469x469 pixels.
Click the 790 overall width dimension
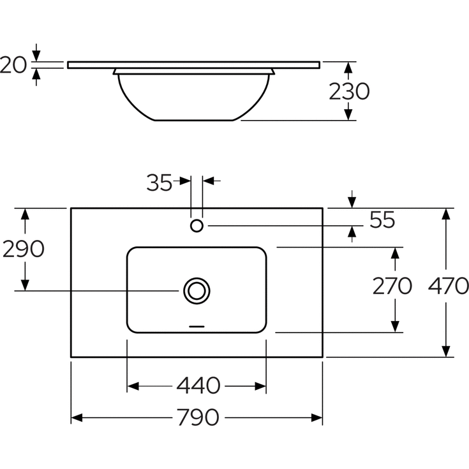click(198, 417)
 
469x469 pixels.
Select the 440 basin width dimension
click(198, 386)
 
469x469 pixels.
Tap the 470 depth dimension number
click(448, 286)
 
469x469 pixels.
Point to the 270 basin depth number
click(392, 286)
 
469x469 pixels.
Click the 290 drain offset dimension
click(24, 249)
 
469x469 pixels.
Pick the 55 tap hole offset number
click(382, 220)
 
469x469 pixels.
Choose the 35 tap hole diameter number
click(159, 182)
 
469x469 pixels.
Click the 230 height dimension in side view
click(349, 91)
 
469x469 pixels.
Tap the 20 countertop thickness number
click(13, 65)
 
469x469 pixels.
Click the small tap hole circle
click(197, 225)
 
